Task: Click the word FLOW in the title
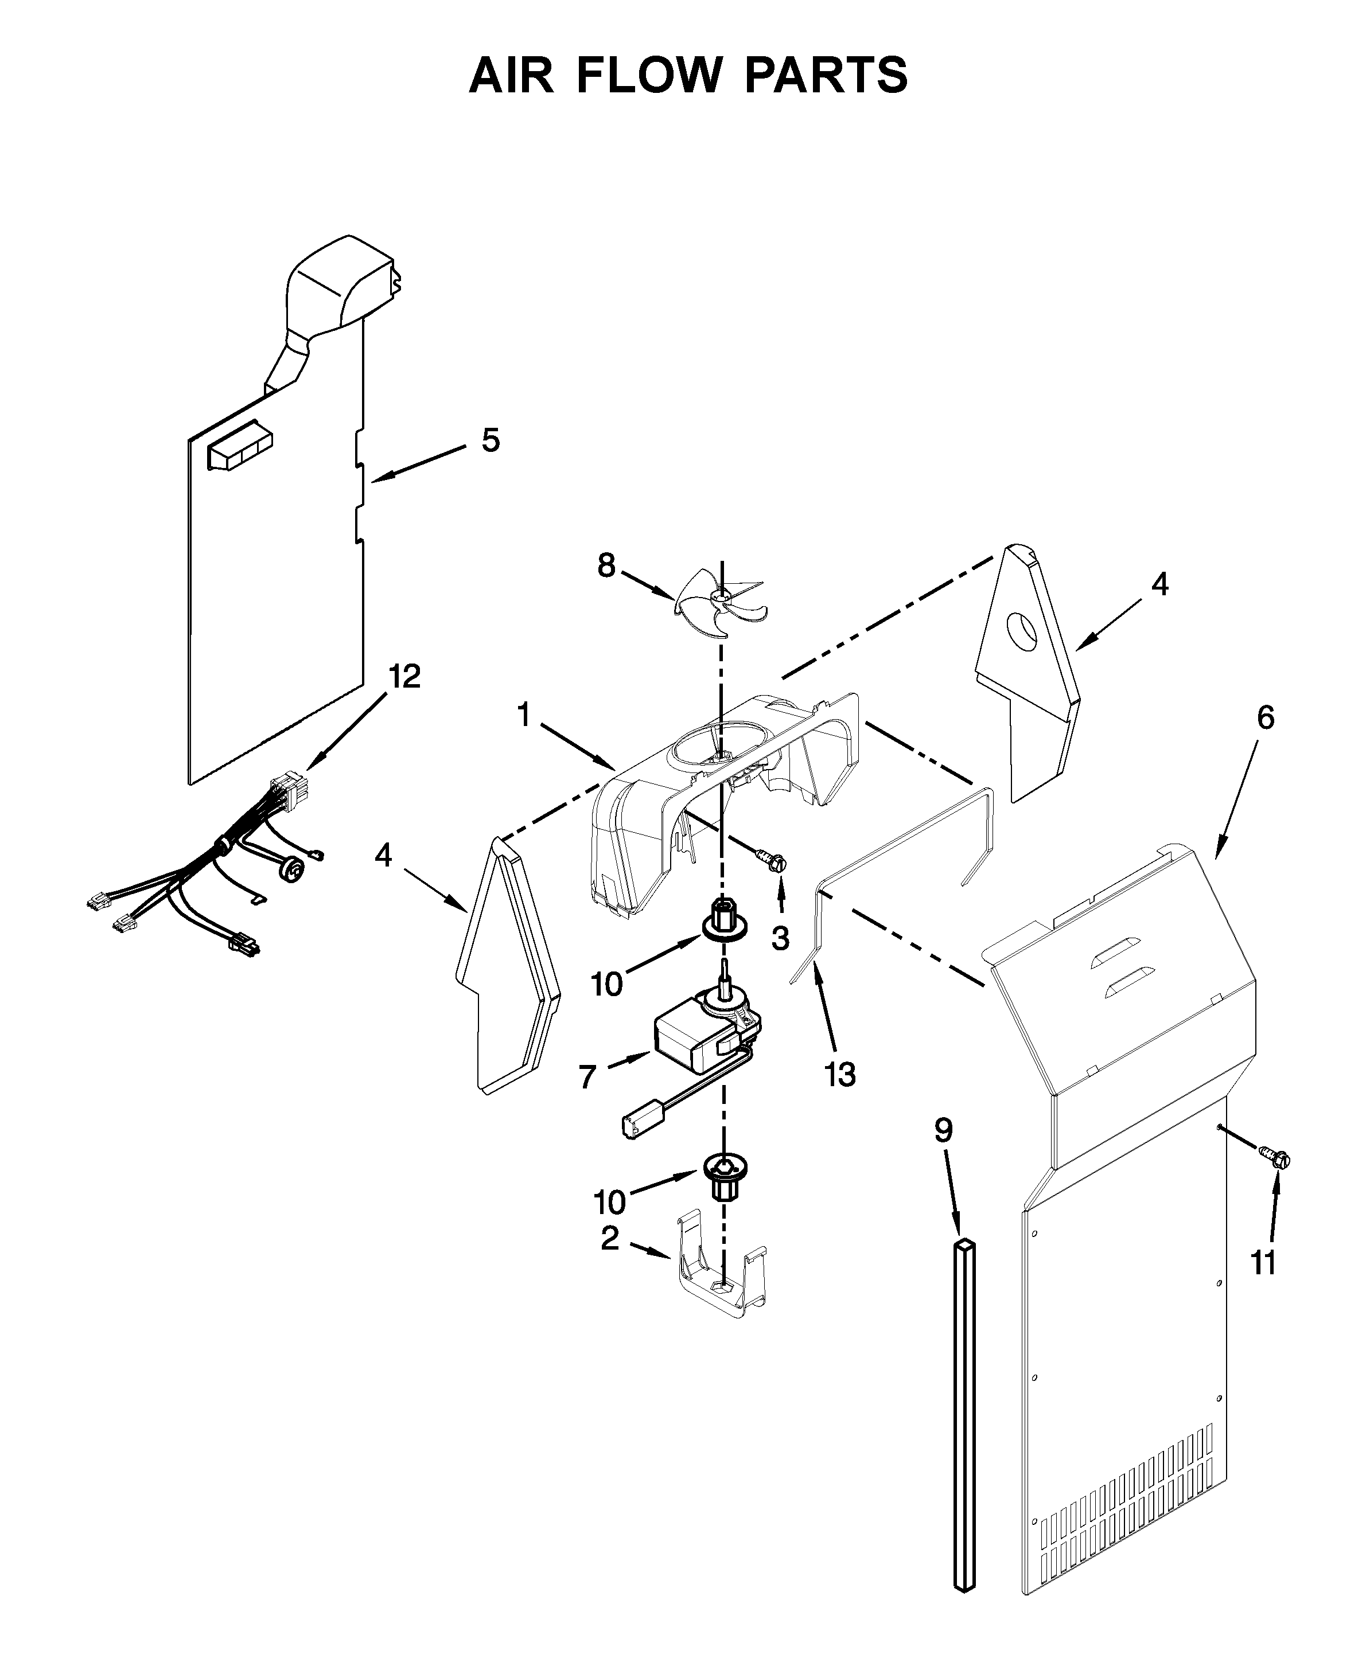[649, 76]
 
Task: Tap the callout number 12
[404, 677]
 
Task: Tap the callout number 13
[839, 1074]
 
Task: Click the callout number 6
[1264, 718]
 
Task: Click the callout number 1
[523, 716]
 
